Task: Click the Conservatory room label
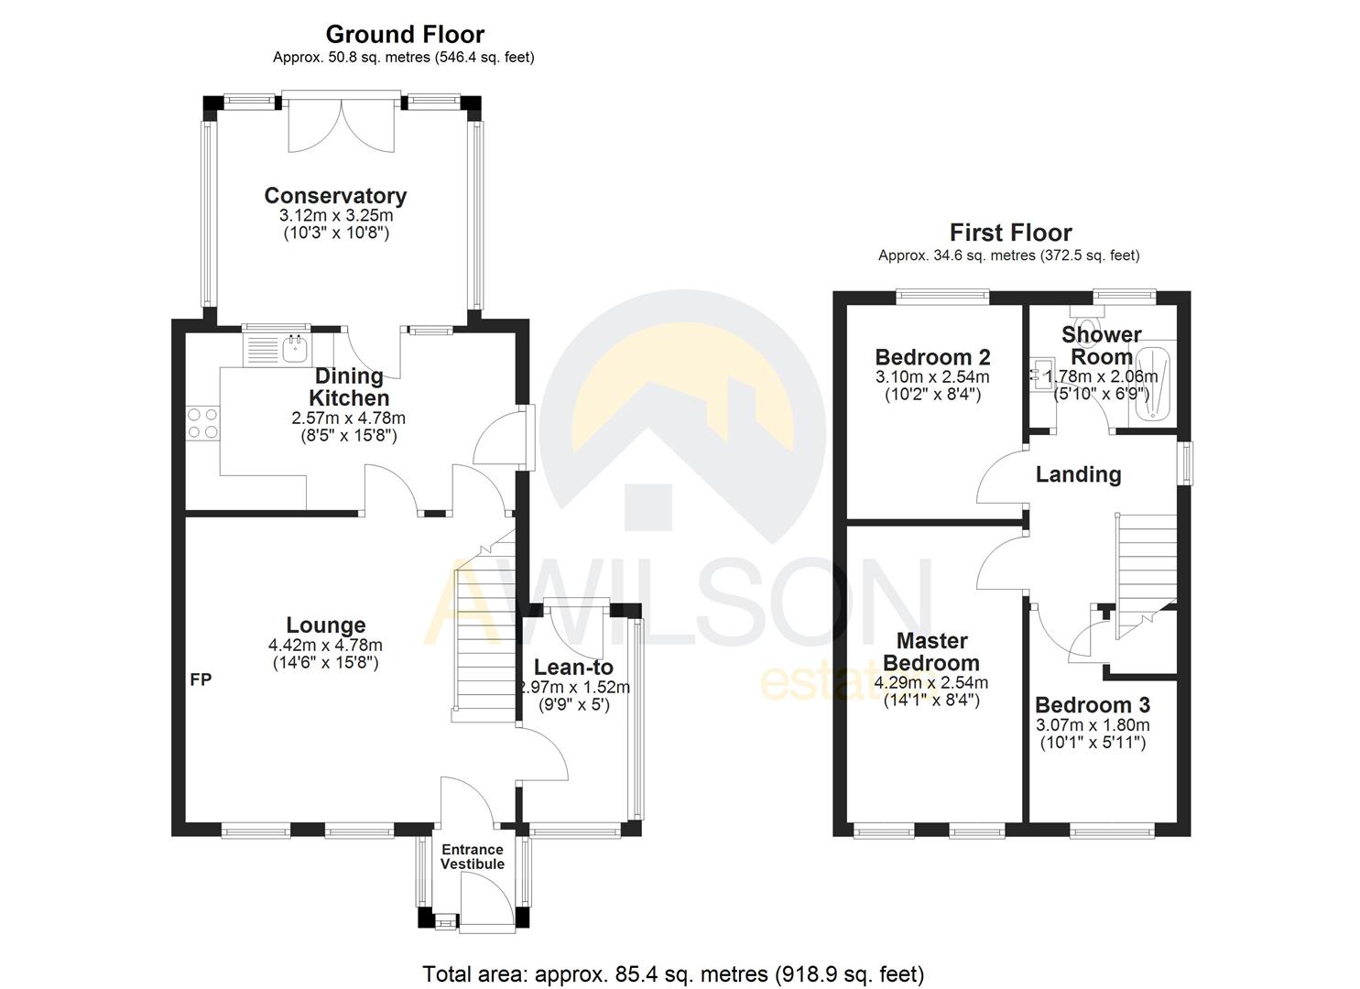(x=335, y=196)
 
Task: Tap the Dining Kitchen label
(x=349, y=387)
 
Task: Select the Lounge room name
(x=325, y=625)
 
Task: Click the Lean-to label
(x=573, y=668)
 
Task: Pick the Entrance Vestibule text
(x=473, y=857)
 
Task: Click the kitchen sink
(x=278, y=348)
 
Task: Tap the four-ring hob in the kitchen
(x=202, y=422)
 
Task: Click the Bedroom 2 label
(x=932, y=357)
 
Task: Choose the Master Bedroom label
(x=931, y=652)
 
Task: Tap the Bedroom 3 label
(x=1092, y=705)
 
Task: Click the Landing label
(x=1078, y=474)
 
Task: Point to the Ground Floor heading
(x=405, y=35)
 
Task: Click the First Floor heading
(x=1010, y=233)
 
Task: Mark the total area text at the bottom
(x=673, y=973)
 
